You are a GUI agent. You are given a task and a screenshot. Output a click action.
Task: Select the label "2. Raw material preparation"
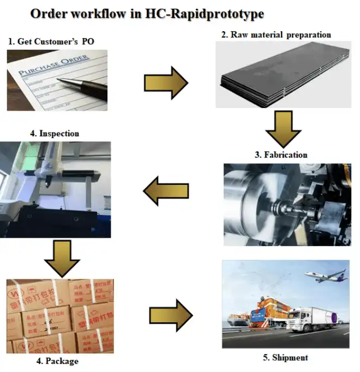276,34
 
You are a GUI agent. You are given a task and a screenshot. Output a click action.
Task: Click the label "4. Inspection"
55,133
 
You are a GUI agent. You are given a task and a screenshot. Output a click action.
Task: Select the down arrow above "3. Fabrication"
283,129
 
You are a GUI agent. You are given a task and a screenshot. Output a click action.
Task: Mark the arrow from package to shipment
170,315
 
